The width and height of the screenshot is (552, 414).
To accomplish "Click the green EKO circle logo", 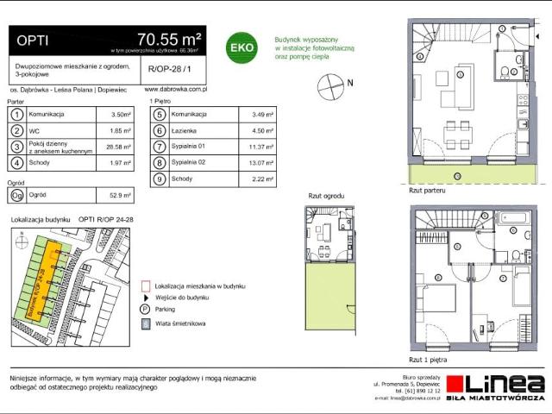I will pos(239,48).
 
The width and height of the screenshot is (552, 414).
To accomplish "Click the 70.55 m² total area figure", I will pos(169,38).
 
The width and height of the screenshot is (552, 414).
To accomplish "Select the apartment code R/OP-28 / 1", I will pos(168,68).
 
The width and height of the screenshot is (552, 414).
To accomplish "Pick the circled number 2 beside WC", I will pos(16,130).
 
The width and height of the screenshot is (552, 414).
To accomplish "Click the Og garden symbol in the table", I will pos(16,195).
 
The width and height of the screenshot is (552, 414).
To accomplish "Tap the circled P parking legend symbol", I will pos(144,309).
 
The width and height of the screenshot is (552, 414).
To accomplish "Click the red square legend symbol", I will pos(144,284).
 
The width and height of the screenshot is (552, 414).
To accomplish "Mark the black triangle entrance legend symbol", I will pos(144,296).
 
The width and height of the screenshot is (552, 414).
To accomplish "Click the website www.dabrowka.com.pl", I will pos(173,89).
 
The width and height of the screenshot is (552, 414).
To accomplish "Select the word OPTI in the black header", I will pos(33,39).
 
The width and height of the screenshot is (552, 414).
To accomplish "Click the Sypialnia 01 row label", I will pos(187,147).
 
